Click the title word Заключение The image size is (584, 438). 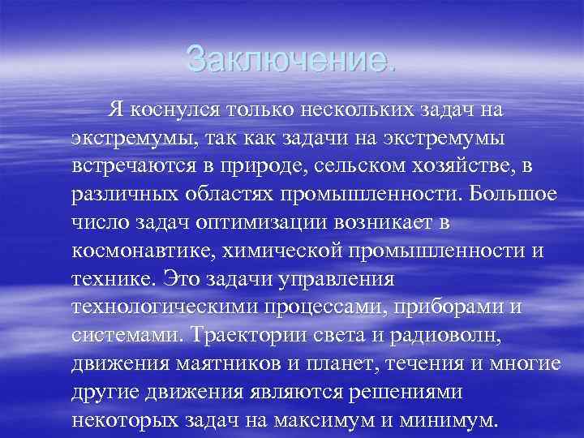click(x=291, y=58)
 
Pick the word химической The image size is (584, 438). click(x=283, y=250)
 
